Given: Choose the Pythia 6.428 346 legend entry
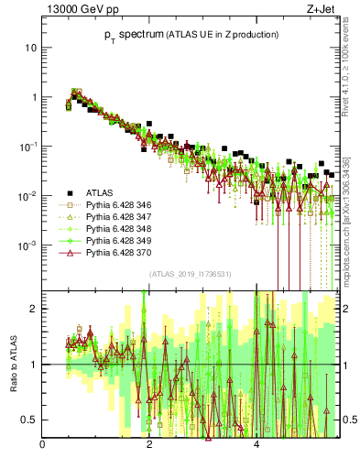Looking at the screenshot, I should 116,205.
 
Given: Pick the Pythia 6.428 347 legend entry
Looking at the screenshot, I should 116,217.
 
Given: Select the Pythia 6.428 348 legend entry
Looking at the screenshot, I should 116,229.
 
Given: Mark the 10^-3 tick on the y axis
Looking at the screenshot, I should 28,245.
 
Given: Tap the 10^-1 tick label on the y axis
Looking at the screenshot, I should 28,147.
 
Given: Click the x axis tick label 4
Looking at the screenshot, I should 256,446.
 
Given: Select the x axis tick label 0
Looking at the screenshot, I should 43,446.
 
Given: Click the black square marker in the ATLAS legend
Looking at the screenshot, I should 68,193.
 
